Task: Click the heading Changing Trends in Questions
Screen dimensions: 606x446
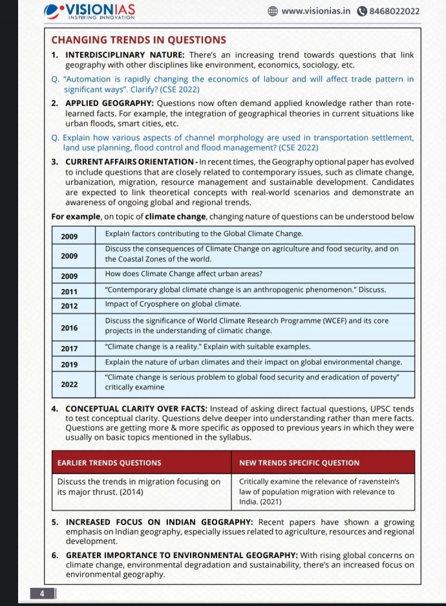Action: tap(138, 40)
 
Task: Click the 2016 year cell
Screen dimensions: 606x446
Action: tap(69, 328)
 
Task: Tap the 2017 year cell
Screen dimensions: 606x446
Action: tap(69, 349)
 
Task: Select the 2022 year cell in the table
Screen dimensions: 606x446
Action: tap(69, 384)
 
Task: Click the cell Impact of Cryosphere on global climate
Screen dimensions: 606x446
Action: tap(173, 305)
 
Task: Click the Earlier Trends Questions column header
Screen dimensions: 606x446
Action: tap(109, 463)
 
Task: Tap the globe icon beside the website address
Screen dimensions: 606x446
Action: tap(272, 11)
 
